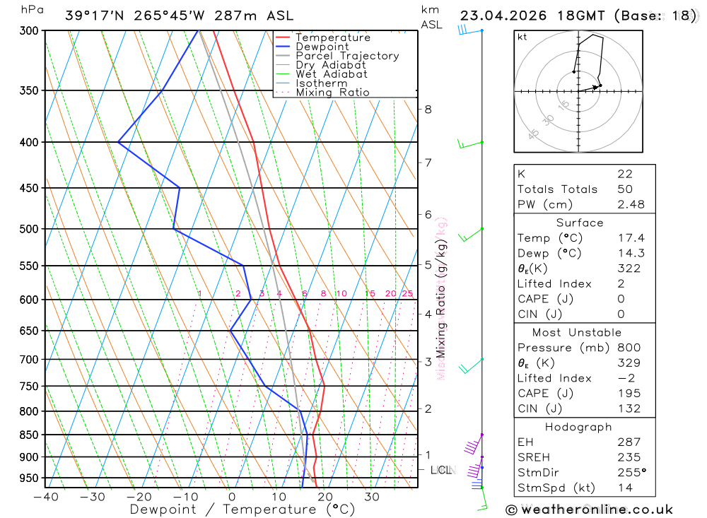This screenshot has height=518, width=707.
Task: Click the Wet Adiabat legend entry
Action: pyautogui.click(x=331, y=74)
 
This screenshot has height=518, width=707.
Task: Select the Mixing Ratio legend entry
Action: pyautogui.click(x=332, y=93)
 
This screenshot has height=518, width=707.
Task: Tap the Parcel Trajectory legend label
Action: pyautogui.click(x=347, y=56)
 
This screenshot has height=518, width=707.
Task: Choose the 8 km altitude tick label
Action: pyautogui.click(x=428, y=109)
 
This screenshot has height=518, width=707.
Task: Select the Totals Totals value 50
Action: pyautogui.click(x=624, y=189)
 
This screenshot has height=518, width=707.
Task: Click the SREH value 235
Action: pyautogui.click(x=627, y=457)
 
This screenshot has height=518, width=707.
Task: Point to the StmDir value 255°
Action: pyautogui.click(x=630, y=472)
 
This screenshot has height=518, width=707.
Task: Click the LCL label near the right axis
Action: pyautogui.click(x=441, y=470)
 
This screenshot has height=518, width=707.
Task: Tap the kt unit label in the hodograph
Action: pyautogui.click(x=522, y=37)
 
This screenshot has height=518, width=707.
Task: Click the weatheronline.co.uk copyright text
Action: pyautogui.click(x=589, y=510)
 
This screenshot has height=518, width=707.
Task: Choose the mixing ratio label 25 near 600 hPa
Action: pyautogui.click(x=407, y=293)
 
